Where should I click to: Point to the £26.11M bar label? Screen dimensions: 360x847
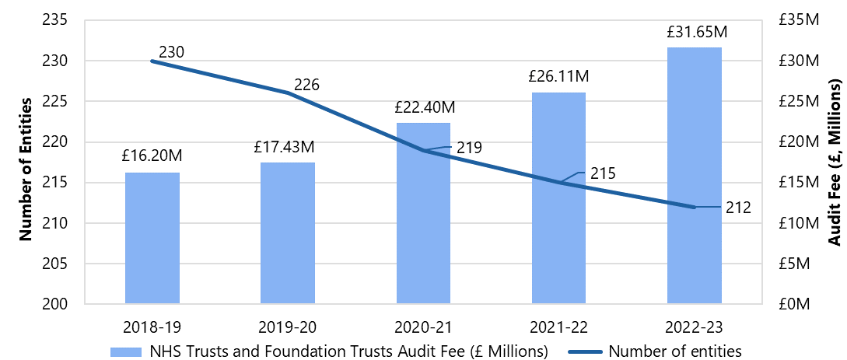point(558,76)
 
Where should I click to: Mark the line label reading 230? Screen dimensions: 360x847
point(171,53)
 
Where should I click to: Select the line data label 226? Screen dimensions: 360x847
point(306,85)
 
